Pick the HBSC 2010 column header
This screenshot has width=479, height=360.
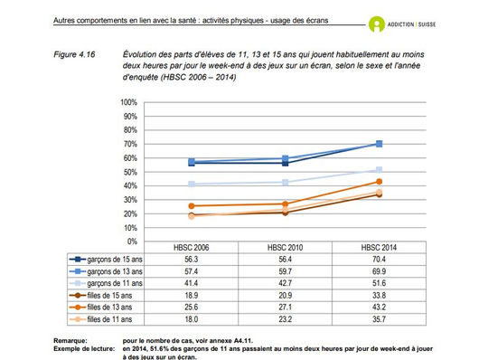click(x=284, y=246)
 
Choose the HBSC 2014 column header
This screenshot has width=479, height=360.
click(x=378, y=246)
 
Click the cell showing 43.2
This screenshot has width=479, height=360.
click(x=378, y=305)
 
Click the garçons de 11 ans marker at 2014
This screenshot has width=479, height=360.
click(x=379, y=170)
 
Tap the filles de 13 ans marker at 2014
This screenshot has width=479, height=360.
click(x=379, y=182)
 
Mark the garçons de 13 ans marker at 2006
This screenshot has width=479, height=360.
click(x=192, y=162)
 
